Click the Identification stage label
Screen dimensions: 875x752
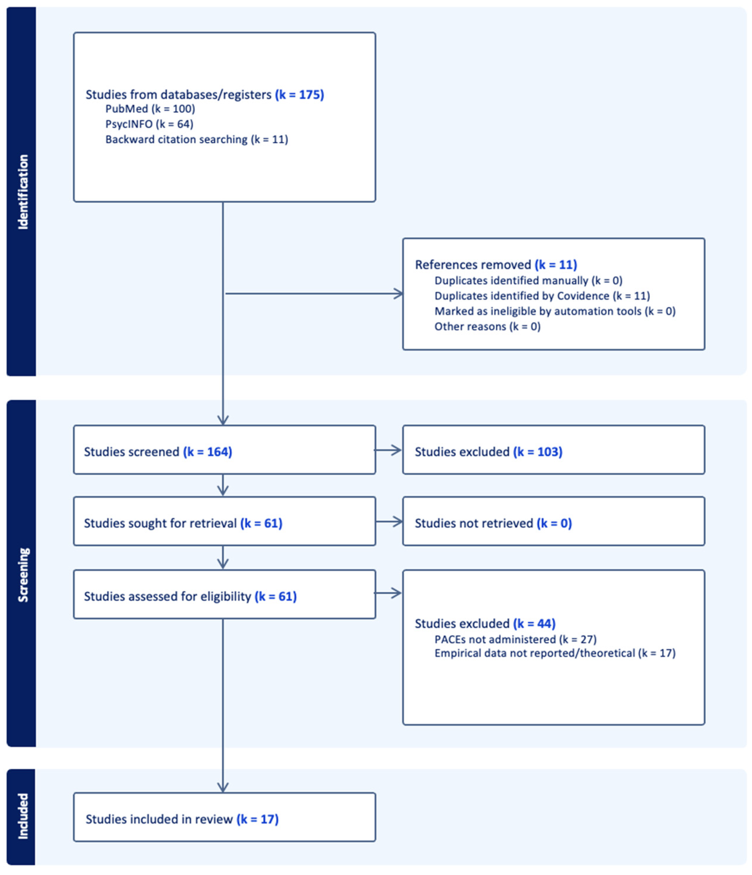point(23,192)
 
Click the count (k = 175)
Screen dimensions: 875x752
point(299,95)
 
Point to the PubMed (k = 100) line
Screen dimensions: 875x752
point(150,109)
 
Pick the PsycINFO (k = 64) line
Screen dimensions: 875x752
point(149,124)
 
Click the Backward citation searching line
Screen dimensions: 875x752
point(196,139)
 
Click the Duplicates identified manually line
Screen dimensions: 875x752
point(528,280)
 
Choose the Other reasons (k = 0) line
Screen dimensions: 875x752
point(487,326)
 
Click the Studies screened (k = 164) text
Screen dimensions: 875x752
point(158,452)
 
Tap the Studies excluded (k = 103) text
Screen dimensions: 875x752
point(488,452)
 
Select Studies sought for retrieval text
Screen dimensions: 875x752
point(183,523)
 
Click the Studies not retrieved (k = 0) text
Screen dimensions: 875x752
point(493,523)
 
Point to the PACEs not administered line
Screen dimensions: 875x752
point(515,639)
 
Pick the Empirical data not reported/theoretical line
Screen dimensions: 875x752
point(554,653)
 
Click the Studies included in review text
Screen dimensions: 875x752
point(182,819)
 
